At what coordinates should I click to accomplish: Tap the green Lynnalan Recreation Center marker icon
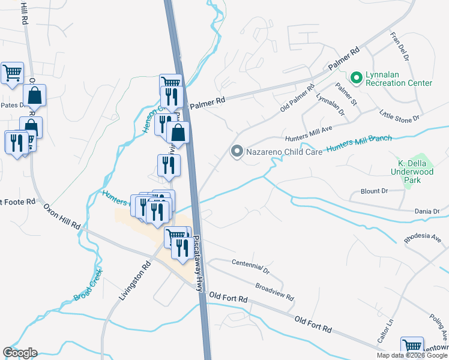click(x=356, y=77)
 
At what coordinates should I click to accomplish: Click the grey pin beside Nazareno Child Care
click(x=237, y=152)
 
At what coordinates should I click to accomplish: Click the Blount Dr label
click(x=376, y=191)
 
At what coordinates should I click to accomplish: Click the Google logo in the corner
click(x=20, y=353)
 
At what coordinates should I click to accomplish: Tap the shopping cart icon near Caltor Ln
click(x=412, y=346)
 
